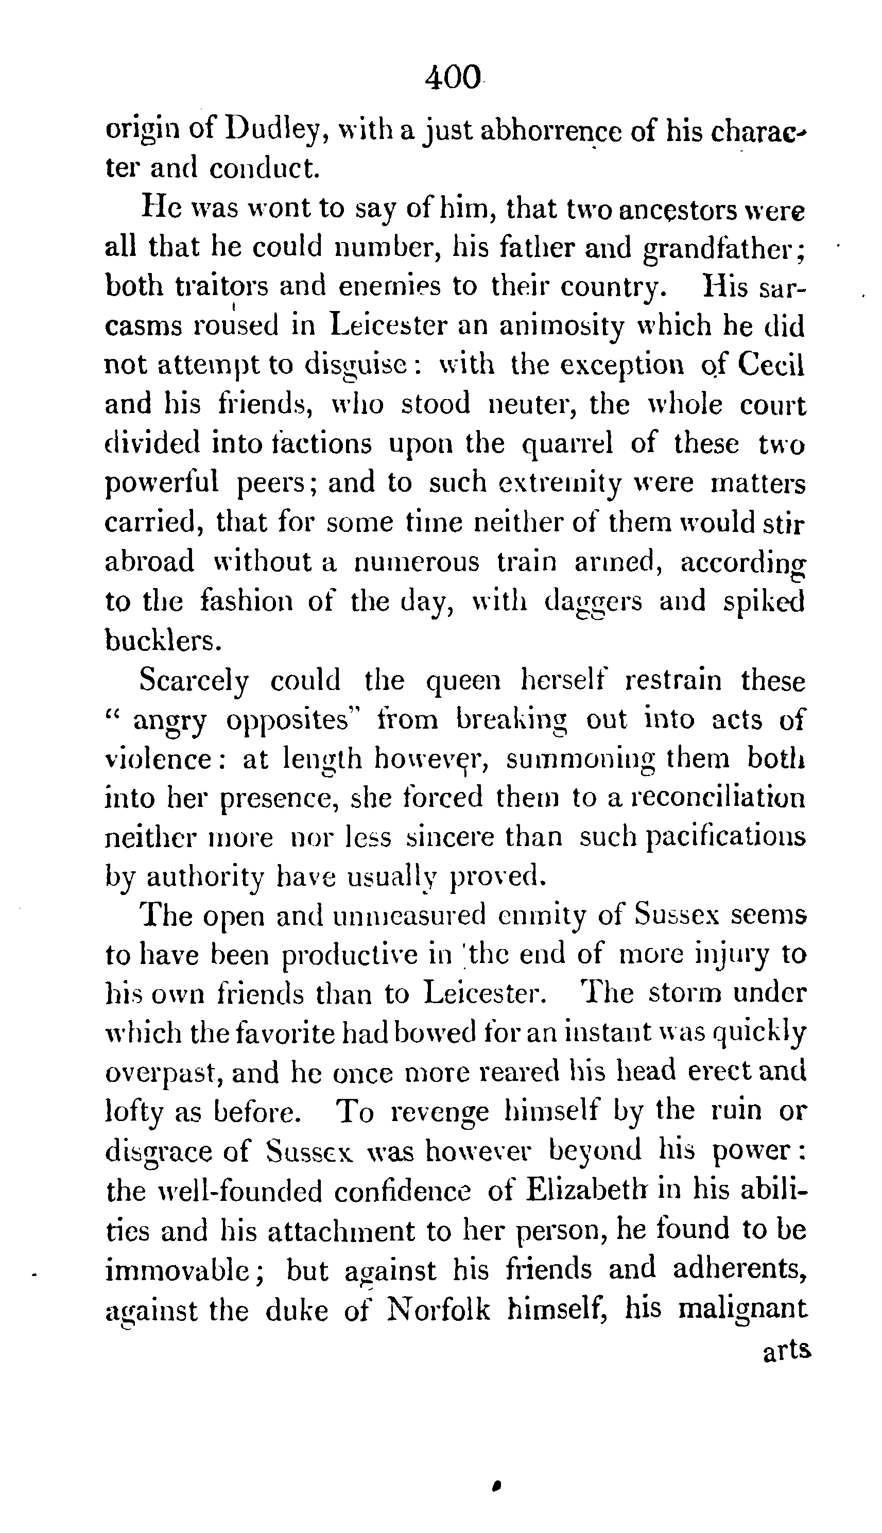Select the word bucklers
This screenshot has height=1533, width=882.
[162, 641]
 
